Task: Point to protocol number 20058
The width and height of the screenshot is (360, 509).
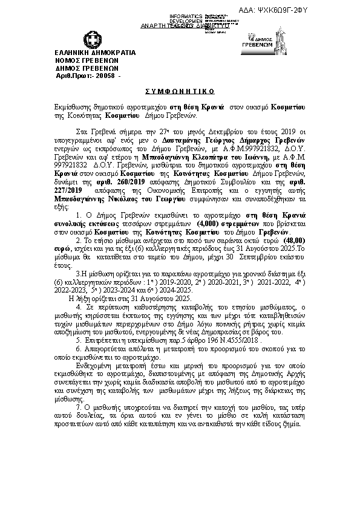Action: (x=103, y=76)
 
